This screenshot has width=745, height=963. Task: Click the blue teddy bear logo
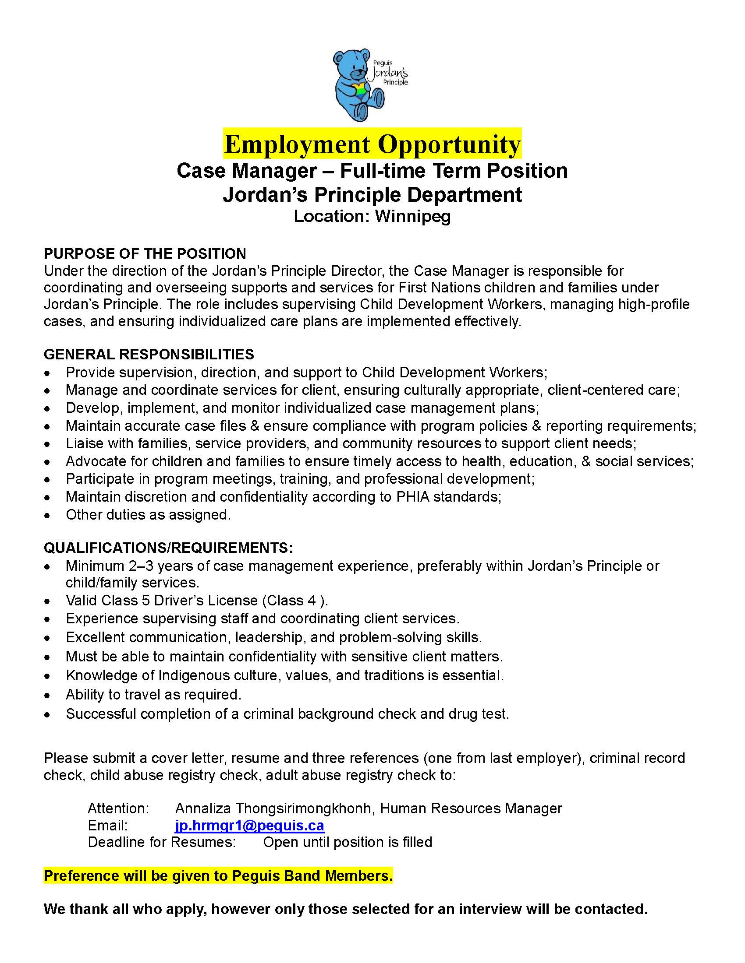358,85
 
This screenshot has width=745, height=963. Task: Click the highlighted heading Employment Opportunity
372,144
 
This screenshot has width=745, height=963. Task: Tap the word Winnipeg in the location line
413,216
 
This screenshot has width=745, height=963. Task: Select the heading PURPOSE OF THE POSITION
145,253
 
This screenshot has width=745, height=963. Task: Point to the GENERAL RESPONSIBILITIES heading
149,354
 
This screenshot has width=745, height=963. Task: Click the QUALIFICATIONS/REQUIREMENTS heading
168,548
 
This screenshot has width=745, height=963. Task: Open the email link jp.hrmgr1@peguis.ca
249,825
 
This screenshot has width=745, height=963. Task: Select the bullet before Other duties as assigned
47,516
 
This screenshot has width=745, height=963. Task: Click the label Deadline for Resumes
162,842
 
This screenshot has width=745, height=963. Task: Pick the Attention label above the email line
118,808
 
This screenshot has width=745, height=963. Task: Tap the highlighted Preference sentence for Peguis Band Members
218,876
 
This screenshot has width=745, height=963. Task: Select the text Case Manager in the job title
246,171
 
